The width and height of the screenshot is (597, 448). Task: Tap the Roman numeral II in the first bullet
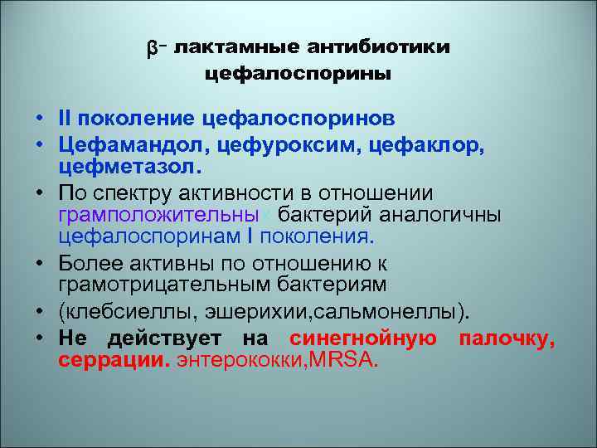[x=66, y=118]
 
